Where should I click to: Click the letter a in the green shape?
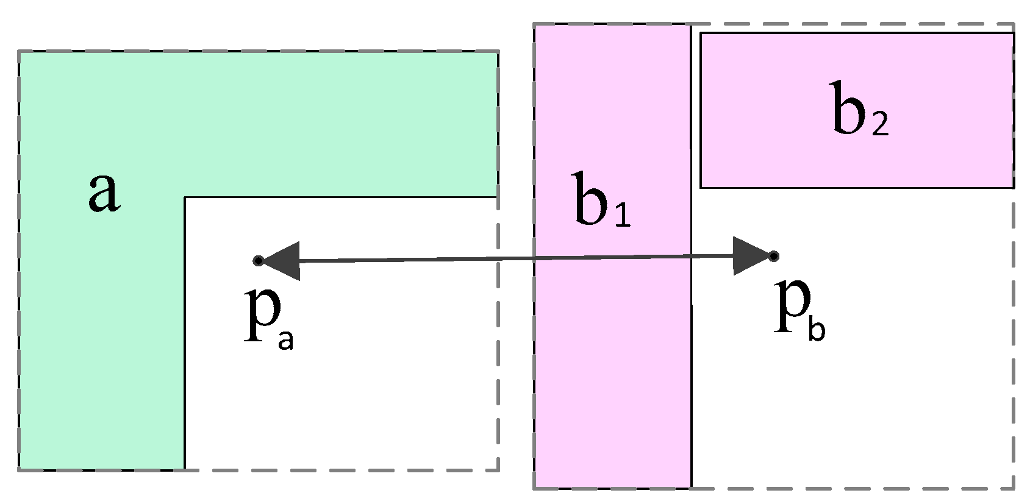[104, 192]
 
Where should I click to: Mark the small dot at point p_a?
[258, 261]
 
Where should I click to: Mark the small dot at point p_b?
[773, 256]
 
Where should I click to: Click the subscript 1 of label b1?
[622, 217]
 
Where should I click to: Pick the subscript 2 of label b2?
[880, 126]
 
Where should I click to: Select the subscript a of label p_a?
[285, 341]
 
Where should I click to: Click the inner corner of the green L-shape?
[185, 197]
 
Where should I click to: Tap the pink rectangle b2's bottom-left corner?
[701, 187]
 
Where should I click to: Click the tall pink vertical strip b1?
[612, 366]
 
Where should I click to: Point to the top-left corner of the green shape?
[19, 52]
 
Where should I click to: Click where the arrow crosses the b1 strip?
[612, 258]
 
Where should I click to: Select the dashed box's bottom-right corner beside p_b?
[1014, 488]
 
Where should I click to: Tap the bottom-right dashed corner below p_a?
[498, 470]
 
